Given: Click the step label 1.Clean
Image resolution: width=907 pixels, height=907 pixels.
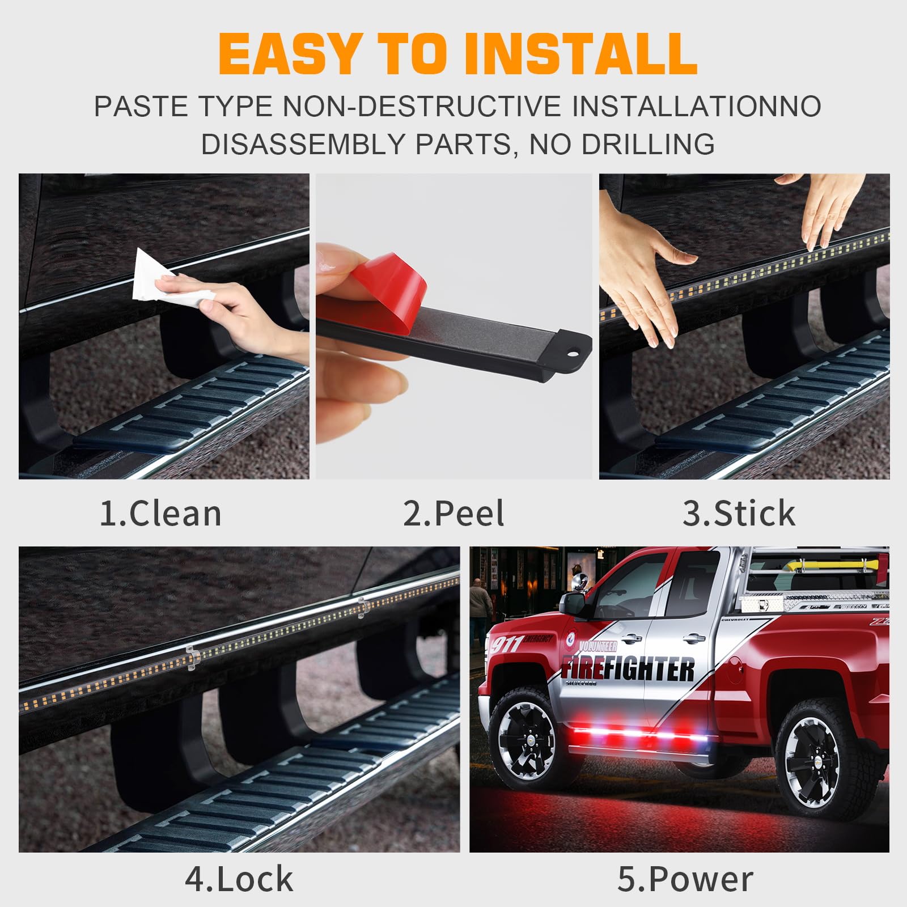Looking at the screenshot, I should [x=160, y=514].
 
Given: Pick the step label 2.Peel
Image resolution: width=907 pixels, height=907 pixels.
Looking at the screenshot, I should [x=453, y=514].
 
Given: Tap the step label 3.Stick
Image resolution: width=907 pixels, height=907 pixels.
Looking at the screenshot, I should [x=739, y=514].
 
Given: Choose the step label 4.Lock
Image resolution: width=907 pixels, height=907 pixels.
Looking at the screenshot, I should [x=239, y=879].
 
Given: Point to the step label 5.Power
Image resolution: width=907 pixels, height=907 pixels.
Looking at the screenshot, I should [x=685, y=879].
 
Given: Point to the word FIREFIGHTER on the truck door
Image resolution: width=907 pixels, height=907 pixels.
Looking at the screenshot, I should [x=628, y=669].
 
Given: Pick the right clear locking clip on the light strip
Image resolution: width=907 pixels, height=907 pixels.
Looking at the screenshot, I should [x=361, y=608].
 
